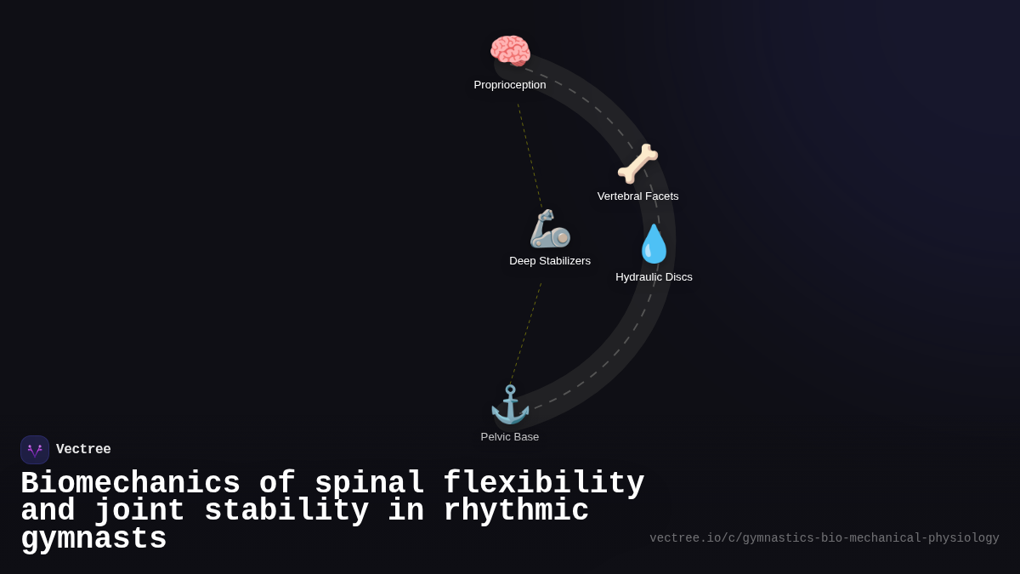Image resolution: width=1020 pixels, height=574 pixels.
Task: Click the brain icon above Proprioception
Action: [510, 51]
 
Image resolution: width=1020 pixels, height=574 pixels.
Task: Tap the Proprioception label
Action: [510, 85]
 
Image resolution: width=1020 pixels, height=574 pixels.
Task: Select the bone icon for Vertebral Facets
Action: [637, 163]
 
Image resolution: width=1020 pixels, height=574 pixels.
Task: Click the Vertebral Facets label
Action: [637, 196]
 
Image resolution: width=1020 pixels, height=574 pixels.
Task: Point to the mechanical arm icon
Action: [549, 229]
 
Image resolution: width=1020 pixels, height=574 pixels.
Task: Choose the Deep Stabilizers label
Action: [550, 261]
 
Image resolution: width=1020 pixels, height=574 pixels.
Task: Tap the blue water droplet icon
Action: [654, 244]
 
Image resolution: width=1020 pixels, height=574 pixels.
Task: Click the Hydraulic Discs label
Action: [654, 277]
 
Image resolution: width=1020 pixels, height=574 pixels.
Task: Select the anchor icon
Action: [510, 404]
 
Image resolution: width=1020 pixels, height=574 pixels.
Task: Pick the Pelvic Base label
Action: [510, 437]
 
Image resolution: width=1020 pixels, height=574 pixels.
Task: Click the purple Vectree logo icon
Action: [35, 450]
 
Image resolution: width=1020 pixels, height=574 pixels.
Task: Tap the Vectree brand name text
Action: [83, 450]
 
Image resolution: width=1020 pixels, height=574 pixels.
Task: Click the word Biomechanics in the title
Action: [130, 484]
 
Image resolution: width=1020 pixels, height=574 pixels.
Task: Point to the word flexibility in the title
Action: [543, 484]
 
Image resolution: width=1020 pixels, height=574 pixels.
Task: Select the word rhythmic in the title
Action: [516, 511]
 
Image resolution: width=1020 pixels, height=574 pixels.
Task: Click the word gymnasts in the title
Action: [93, 539]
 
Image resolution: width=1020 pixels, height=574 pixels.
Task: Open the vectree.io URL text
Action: [824, 538]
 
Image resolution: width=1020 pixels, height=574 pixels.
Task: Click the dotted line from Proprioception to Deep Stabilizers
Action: [530, 155]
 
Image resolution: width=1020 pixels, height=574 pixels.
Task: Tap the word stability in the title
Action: [286, 511]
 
